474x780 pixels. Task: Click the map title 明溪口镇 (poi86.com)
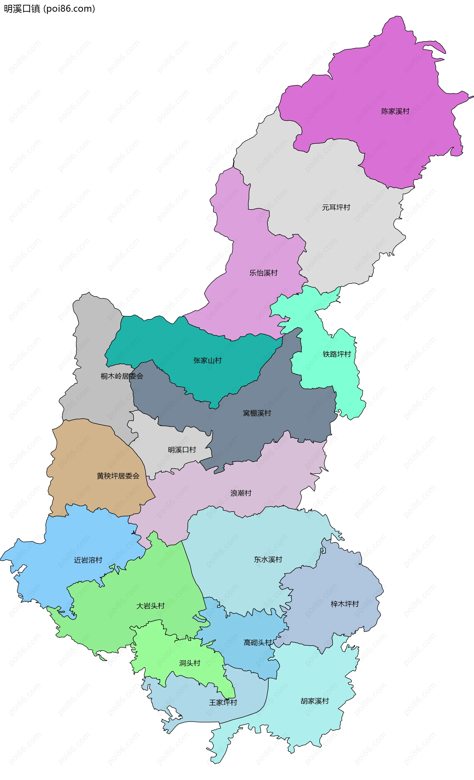click(49, 9)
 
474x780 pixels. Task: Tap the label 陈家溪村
click(395, 111)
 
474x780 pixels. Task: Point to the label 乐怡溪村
click(263, 273)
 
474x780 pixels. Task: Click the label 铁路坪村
click(336, 354)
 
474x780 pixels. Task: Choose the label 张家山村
click(207, 360)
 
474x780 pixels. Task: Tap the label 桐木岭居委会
click(122, 376)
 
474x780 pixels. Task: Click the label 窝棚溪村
click(257, 413)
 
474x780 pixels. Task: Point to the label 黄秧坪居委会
click(118, 476)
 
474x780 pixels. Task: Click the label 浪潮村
click(241, 493)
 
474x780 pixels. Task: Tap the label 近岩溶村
click(88, 560)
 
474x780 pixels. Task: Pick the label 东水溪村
click(268, 559)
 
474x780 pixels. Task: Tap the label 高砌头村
click(257, 642)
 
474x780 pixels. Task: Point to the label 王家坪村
click(223, 702)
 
